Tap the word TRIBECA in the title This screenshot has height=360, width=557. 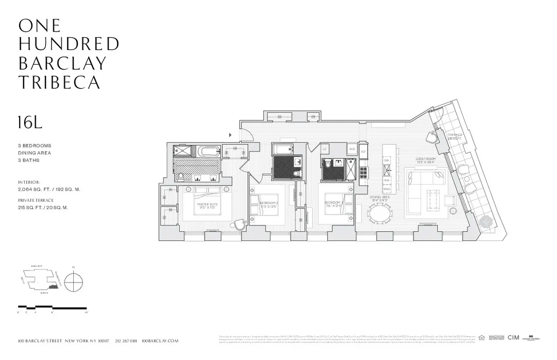click(59, 82)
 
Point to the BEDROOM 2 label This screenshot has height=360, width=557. click(268, 204)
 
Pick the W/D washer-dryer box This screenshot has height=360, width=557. click(352, 150)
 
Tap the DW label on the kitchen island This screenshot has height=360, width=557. click(386, 160)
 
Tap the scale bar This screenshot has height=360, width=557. click(52, 307)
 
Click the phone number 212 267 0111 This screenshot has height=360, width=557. click(127, 341)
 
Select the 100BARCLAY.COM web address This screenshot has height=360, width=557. click(160, 341)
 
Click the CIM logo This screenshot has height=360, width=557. click(513, 338)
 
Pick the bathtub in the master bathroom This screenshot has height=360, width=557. click(207, 151)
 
